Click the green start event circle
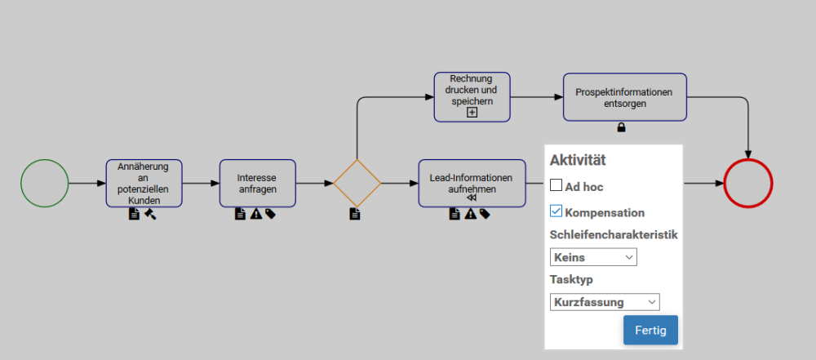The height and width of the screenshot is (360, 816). pos(44,183)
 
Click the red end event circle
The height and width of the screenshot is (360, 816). pos(747,183)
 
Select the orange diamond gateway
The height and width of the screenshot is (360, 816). pos(357,183)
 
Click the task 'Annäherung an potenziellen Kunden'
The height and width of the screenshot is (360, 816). pos(144,183)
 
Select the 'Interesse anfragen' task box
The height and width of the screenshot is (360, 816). pos(257,183)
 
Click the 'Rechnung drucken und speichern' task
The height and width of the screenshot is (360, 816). pos(472,90)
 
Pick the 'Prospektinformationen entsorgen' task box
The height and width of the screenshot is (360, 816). pos(624,97)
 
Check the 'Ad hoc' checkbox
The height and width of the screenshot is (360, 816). pos(557,186)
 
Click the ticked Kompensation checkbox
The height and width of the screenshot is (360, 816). pos(557,212)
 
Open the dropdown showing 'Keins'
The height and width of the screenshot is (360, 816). pos(593,257)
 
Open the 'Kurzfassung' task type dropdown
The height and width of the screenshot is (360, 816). pos(605,302)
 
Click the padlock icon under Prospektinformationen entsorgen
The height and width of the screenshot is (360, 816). pos(621,127)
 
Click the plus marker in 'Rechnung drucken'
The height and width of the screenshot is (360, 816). pos(472,113)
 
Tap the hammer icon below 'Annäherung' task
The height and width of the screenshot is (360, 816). pos(150,214)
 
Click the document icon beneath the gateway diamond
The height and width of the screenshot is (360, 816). pos(355,214)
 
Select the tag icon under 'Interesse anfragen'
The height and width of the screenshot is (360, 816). pos(269,214)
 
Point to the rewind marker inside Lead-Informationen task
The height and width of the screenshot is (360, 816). pos(472,198)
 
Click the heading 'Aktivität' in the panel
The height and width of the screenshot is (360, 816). pos(578,161)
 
